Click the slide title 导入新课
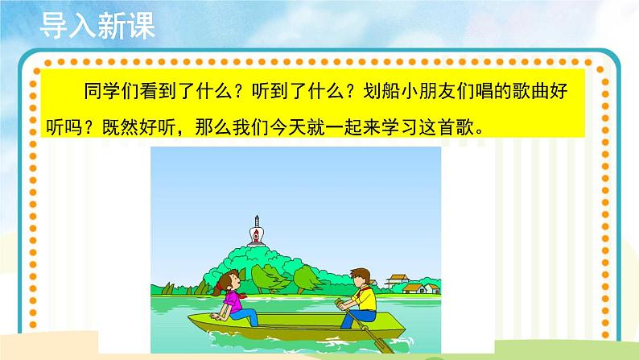pos(96,26)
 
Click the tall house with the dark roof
pos(396,281)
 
